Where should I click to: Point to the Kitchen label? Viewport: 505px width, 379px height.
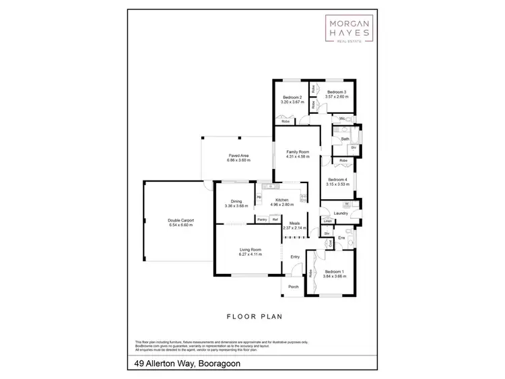point(281,200)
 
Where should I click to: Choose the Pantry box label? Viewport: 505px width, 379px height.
point(263,219)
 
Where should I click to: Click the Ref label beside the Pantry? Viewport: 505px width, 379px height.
point(275,219)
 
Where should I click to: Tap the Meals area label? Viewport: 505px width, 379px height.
point(294,223)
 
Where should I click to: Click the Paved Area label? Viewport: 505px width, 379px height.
point(239,156)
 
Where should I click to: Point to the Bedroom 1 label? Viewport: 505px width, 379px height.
point(335,272)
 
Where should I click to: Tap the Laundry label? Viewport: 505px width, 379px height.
point(340,213)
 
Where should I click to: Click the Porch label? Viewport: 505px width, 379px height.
point(294,287)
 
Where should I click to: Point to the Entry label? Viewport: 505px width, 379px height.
point(295,256)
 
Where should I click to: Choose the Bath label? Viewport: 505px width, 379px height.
point(345,139)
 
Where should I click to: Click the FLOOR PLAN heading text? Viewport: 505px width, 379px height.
point(253,315)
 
